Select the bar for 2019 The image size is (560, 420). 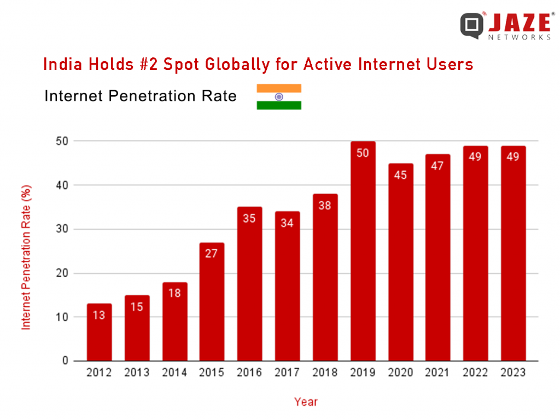(x=363, y=252)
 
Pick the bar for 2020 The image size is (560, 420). (x=400, y=262)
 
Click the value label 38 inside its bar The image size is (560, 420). (x=325, y=206)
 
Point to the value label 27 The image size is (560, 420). (x=212, y=254)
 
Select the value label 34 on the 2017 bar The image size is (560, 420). (x=287, y=223)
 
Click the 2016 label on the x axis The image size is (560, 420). (x=249, y=373)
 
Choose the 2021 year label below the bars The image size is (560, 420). (x=437, y=373)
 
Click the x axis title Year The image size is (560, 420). (x=306, y=402)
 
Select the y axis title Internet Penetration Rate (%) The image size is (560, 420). (x=26, y=257)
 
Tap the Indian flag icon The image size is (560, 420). (x=279, y=97)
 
